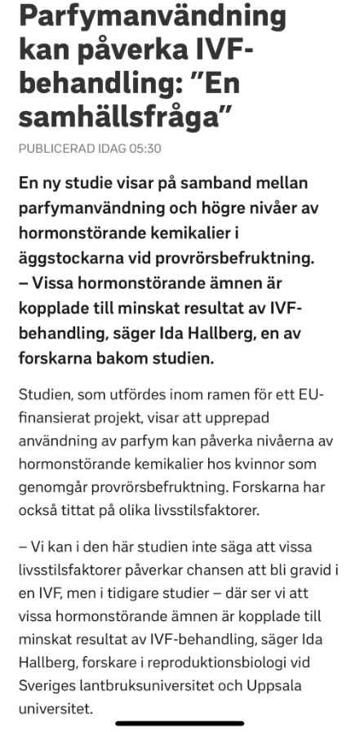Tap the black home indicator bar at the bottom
pos(180,723)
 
